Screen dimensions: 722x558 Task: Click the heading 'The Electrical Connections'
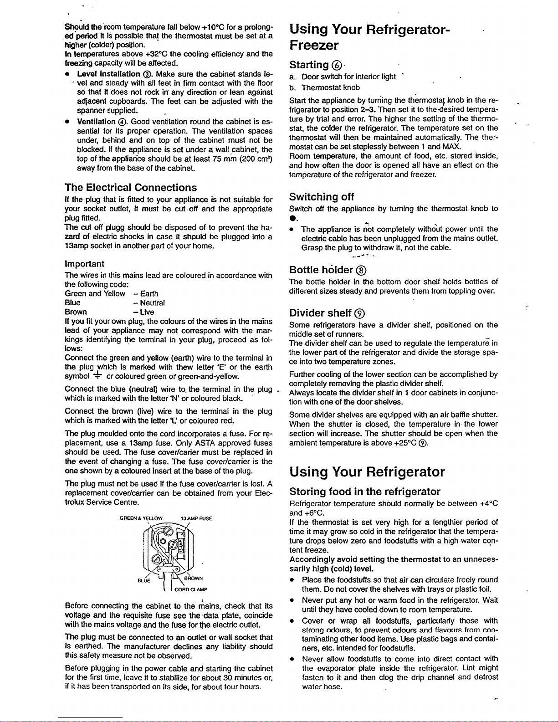(x=131, y=188)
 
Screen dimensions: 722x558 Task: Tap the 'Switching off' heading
(x=322, y=197)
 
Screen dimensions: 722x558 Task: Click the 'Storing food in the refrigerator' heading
(x=365, y=492)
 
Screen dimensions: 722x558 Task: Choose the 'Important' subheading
(x=85, y=264)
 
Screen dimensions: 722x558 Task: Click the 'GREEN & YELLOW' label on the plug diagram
(x=141, y=518)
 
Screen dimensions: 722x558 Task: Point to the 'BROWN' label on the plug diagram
(x=193, y=579)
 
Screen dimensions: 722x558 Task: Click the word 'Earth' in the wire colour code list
(x=149, y=293)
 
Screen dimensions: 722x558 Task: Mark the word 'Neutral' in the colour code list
(x=152, y=302)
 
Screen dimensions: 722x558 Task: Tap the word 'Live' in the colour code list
(x=147, y=312)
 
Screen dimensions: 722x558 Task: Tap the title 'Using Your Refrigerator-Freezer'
(x=369, y=37)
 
